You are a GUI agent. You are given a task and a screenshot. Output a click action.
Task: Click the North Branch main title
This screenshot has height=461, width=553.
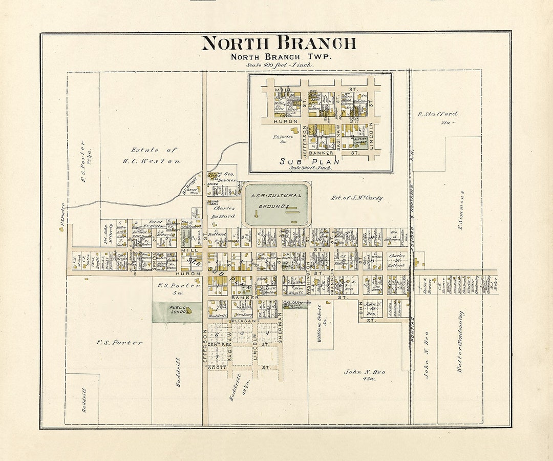click(x=279, y=44)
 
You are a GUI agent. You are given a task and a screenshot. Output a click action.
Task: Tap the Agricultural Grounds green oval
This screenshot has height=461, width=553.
click(x=276, y=205)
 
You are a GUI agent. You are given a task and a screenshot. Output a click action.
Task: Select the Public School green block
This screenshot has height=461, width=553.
click(x=177, y=312)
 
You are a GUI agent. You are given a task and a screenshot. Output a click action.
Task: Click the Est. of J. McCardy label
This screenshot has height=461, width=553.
click(x=356, y=198)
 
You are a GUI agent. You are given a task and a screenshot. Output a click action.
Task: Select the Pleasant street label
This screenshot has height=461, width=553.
click(x=246, y=321)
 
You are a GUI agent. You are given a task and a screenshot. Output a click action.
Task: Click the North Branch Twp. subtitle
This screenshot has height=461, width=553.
click(x=281, y=57)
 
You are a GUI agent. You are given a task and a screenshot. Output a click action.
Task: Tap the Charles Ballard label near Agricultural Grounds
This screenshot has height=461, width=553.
click(x=224, y=212)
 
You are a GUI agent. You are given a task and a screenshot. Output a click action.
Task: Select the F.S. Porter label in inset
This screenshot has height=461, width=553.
click(x=283, y=139)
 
